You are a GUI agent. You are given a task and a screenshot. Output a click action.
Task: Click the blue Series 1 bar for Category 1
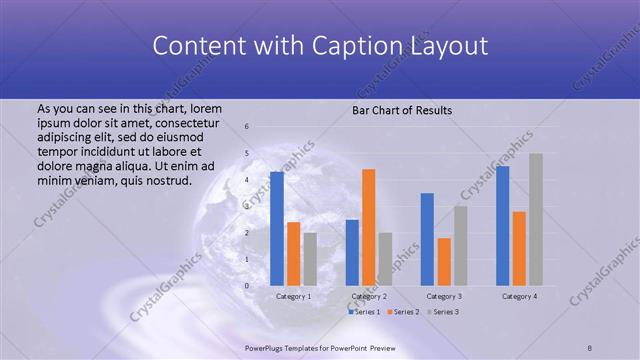277,229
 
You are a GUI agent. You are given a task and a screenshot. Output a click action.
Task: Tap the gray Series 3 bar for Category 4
536,219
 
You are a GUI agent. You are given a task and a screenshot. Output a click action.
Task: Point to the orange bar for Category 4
519,248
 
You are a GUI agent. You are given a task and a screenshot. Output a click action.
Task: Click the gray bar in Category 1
310,259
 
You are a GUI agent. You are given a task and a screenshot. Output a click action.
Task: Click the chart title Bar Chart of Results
403,109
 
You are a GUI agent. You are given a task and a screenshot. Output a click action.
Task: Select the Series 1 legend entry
364,312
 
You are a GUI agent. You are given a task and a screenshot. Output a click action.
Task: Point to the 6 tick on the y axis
247,127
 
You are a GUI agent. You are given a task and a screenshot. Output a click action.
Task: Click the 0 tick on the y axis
247,286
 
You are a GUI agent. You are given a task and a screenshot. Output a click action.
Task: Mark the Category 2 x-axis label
369,297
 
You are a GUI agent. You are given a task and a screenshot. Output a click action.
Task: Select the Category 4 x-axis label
519,297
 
